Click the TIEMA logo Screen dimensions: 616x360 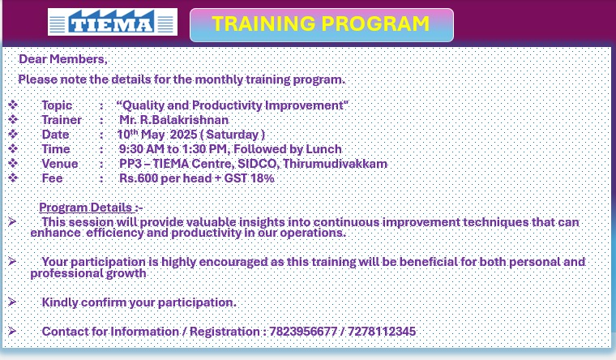113,22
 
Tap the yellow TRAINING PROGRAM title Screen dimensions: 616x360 321,24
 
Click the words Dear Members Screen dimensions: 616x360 62,59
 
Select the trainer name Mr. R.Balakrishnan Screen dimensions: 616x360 174,120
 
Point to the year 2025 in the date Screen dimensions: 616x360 183,135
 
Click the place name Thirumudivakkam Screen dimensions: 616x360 335,164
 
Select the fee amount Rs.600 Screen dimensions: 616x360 139,178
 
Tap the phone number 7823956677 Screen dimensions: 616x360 303,332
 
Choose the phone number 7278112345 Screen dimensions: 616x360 382,332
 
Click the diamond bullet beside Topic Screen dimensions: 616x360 13,105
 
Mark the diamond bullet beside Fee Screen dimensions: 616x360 13,178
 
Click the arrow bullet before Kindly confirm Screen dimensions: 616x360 12,302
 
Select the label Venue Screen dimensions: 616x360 60,164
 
